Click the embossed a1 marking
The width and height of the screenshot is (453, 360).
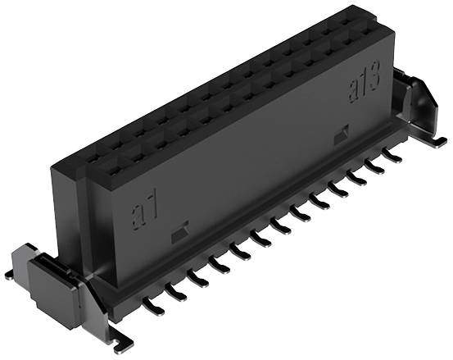coord(145,210)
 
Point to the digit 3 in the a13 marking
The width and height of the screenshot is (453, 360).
coord(374,76)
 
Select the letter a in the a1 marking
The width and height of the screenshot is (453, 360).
coord(138,216)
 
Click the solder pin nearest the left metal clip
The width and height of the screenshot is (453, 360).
coord(153,306)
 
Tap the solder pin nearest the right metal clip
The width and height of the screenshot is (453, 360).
coord(392,156)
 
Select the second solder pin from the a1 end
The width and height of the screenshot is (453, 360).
coord(175,292)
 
